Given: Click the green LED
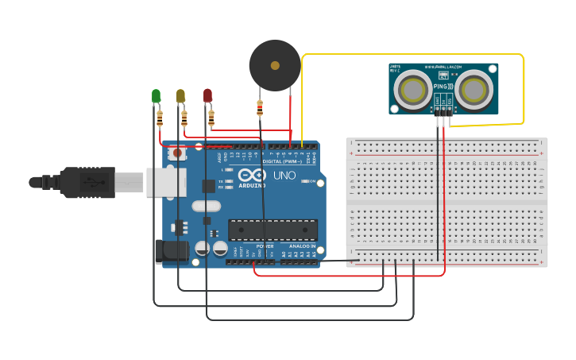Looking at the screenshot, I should click(156, 96).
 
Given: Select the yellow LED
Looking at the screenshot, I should click(180, 96).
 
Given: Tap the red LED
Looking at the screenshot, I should click(207, 95).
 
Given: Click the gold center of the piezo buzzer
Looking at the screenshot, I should click(275, 65).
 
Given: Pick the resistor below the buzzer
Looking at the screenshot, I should click(260, 108).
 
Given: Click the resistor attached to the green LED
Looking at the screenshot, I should click(160, 118).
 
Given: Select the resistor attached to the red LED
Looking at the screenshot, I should click(211, 118).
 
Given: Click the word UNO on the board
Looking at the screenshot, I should click(284, 176).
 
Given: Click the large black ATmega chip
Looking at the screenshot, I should click(273, 230).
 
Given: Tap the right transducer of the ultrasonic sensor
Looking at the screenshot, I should click(474, 90).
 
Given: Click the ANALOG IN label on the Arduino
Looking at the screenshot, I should click(301, 246).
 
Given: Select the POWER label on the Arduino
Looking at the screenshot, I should click(265, 246).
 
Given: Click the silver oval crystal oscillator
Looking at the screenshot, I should click(205, 206).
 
